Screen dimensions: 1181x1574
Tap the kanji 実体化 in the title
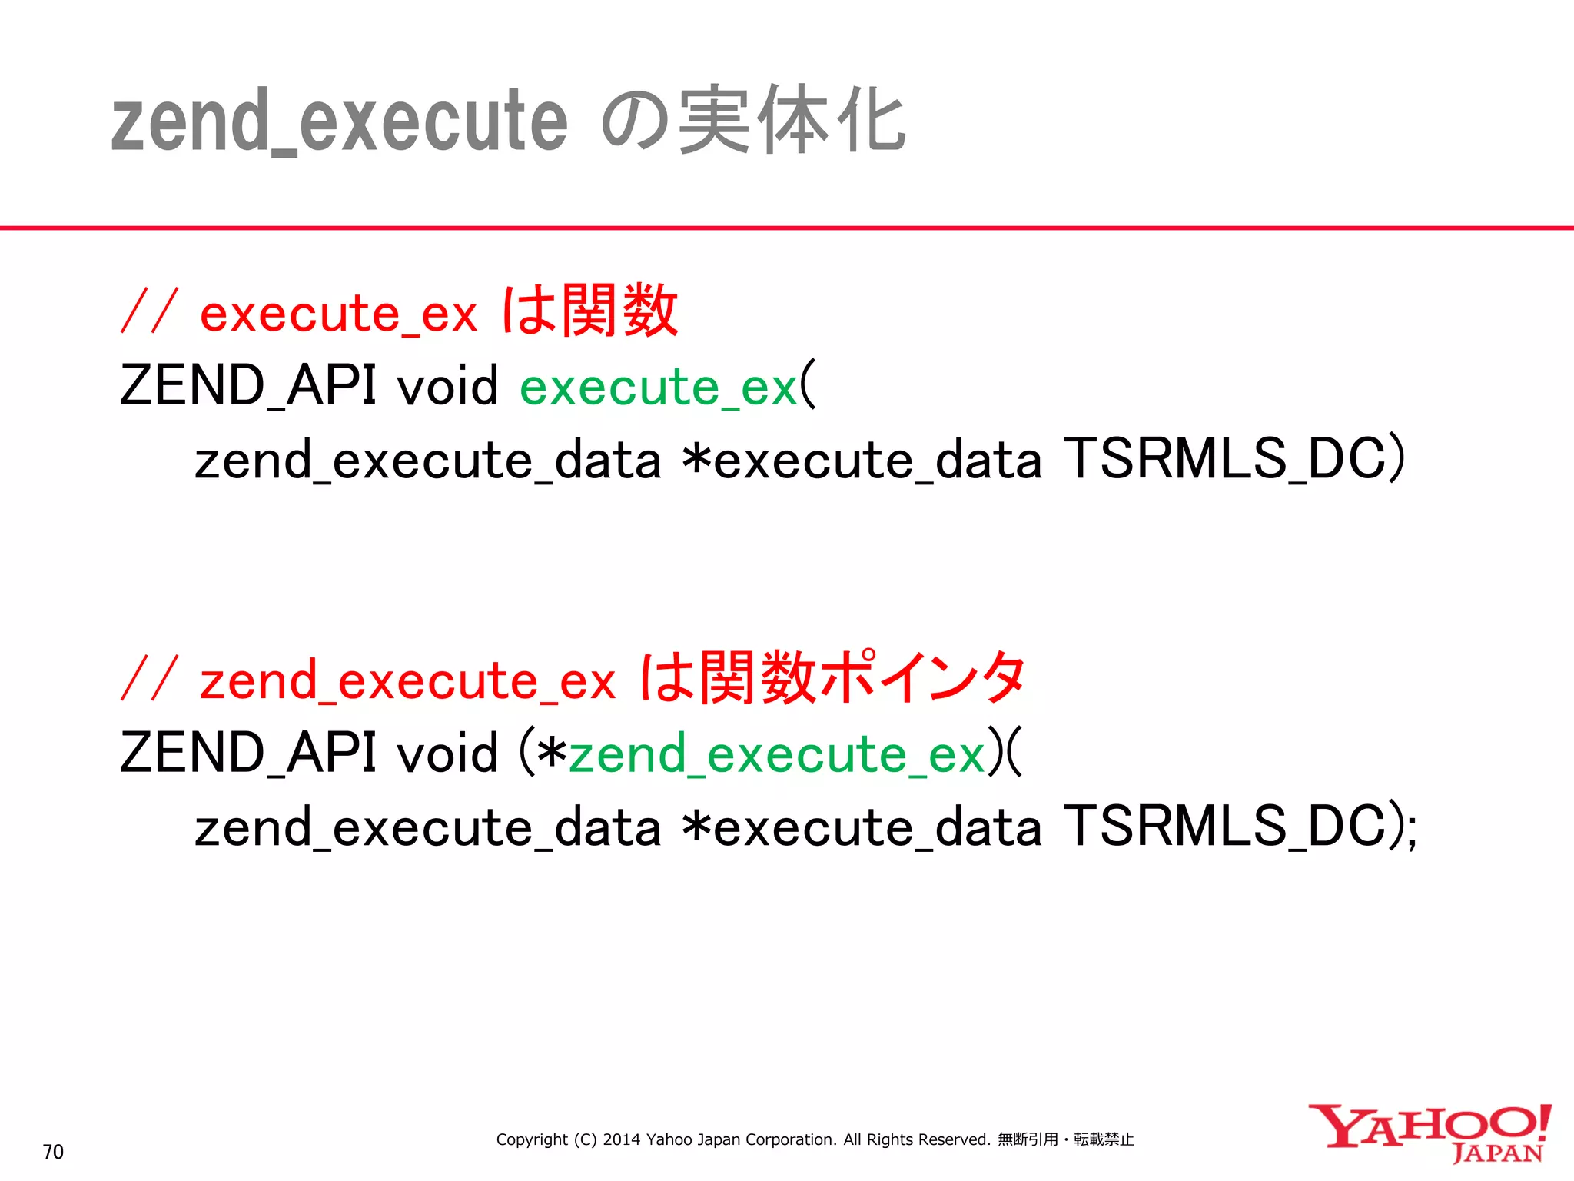(792, 121)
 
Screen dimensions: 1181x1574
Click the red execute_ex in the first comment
(338, 314)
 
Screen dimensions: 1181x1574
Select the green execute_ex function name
(658, 387)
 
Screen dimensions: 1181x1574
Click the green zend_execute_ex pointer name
(776, 754)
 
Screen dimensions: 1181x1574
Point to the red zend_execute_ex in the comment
(407, 681)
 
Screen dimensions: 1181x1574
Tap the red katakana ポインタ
(922, 677)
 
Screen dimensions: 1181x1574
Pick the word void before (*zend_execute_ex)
(447, 753)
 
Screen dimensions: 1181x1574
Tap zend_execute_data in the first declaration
(427, 461)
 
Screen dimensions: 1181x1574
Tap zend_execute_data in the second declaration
(427, 829)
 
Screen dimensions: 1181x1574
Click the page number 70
(53, 1152)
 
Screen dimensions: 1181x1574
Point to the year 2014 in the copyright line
(621, 1139)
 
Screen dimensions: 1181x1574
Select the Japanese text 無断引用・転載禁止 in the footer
(1065, 1139)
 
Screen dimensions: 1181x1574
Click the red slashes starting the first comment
(151, 311)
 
